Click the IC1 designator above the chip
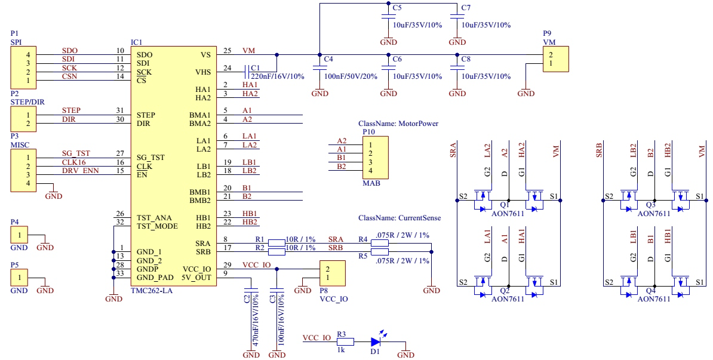click(136, 42)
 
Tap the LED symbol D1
click(375, 342)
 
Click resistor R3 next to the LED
click(345, 342)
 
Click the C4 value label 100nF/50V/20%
click(350, 76)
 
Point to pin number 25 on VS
click(227, 51)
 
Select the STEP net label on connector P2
click(71, 110)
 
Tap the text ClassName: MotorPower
click(398, 124)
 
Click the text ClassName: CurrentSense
click(400, 219)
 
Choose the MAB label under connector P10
click(371, 183)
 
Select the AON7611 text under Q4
click(654, 299)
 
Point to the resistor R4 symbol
click(380, 243)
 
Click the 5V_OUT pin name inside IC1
click(196, 277)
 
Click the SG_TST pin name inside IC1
click(150, 158)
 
